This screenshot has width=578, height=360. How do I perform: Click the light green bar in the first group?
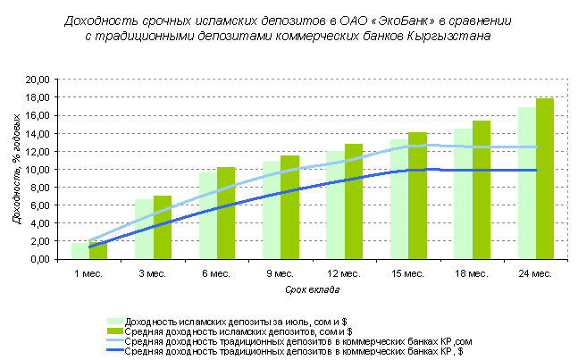(80, 251)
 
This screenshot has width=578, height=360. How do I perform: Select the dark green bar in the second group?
(163, 228)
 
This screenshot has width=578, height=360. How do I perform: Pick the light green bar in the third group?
(208, 215)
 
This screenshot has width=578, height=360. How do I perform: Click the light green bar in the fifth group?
(335, 205)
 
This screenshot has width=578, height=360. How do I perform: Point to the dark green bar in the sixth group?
(417, 196)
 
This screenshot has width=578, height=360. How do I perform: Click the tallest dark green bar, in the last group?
(545, 179)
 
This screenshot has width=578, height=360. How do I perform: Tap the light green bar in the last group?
(527, 183)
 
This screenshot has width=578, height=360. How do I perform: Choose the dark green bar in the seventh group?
(482, 189)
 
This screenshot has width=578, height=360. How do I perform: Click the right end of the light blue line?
(536, 147)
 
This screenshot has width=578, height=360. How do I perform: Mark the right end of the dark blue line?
(536, 170)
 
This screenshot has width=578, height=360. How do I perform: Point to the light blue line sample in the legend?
(115, 341)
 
